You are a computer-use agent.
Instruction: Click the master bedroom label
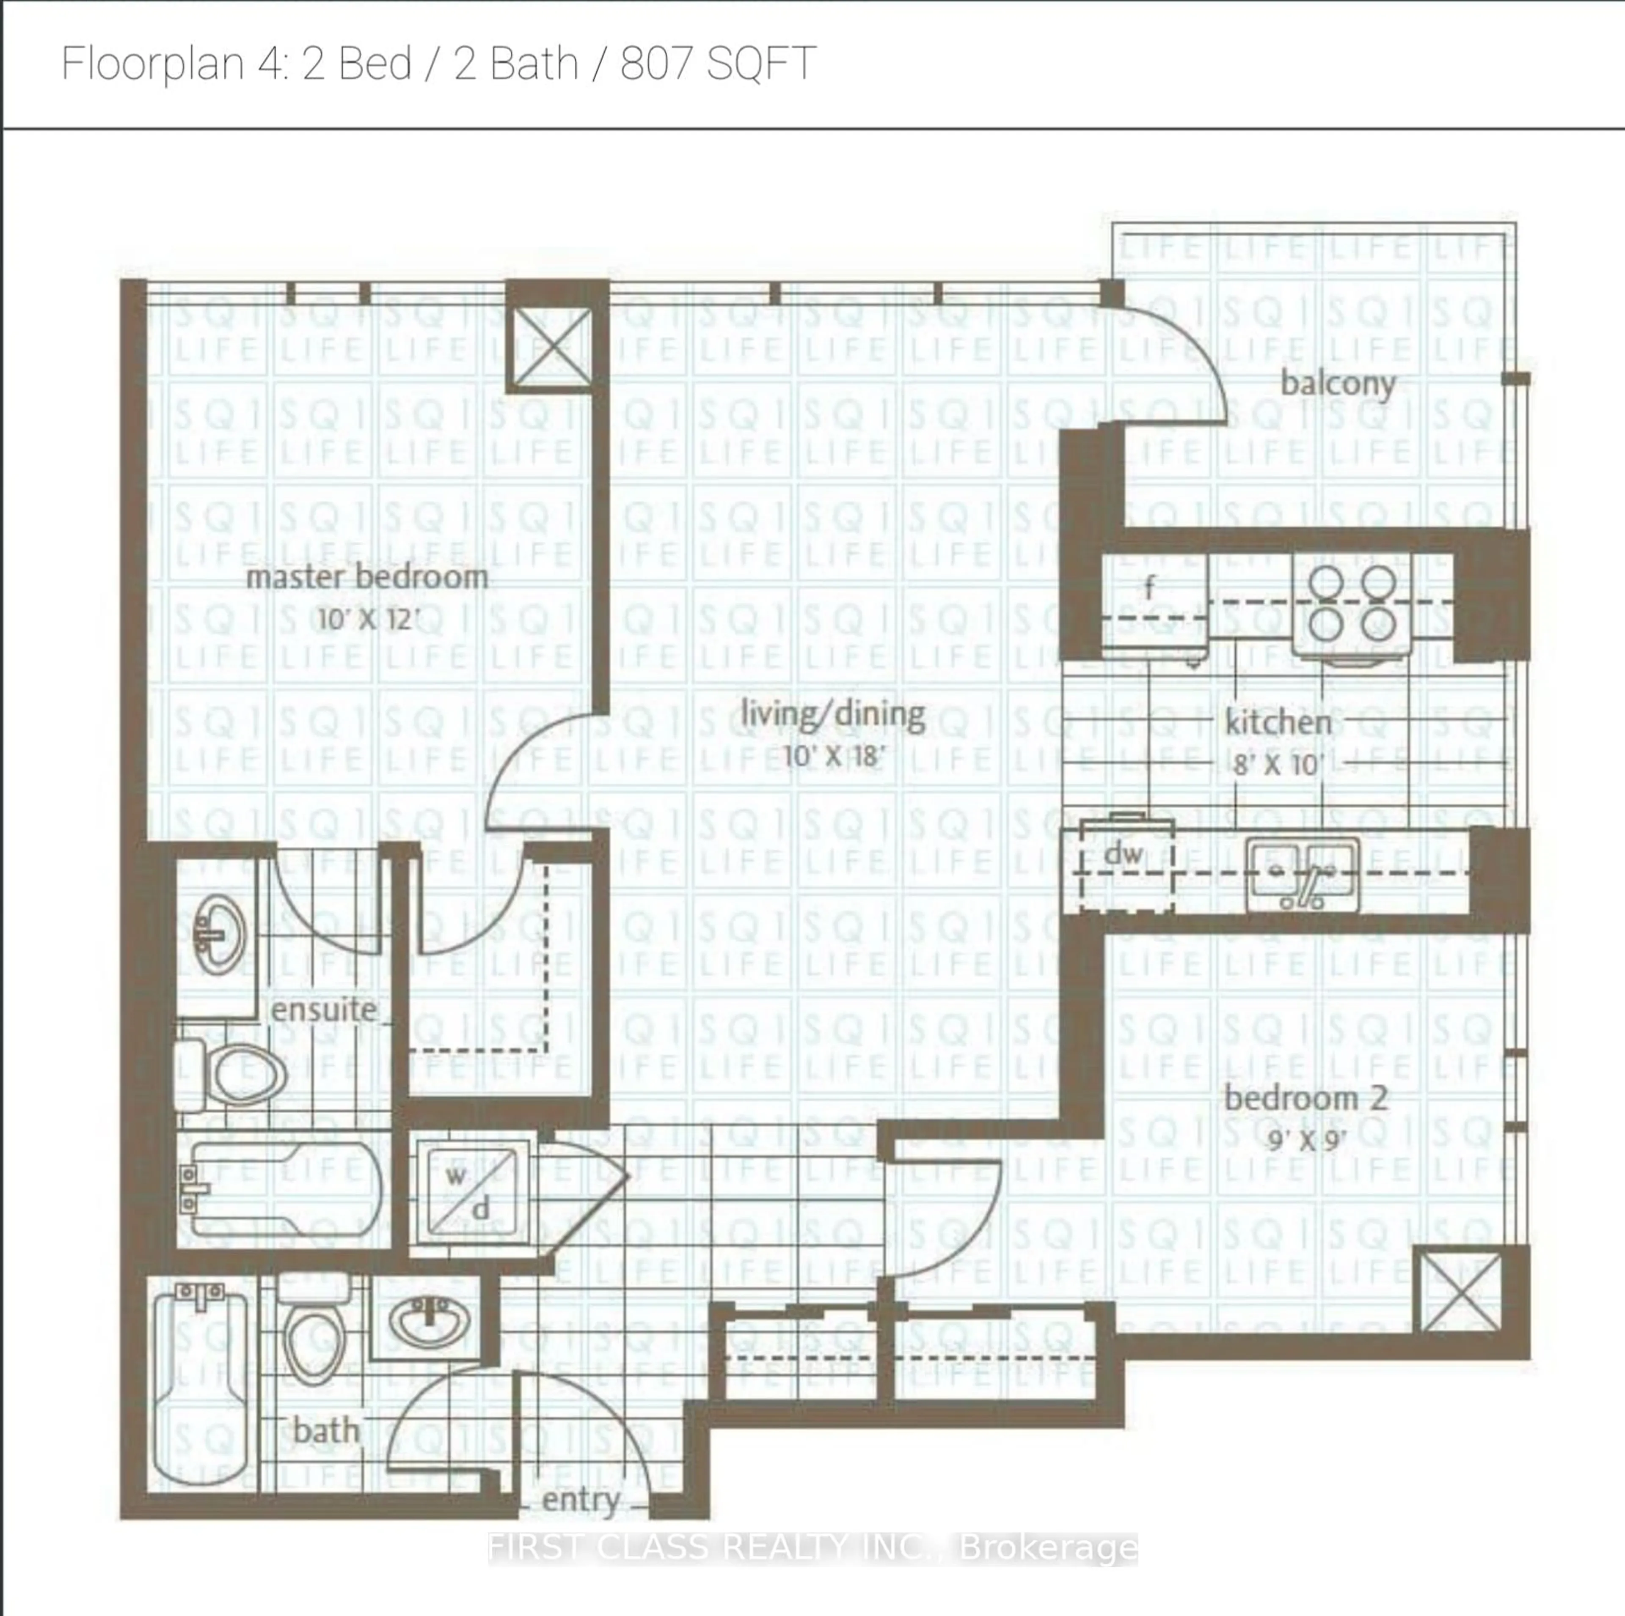pos(367,578)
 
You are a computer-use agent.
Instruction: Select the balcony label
pos(1337,384)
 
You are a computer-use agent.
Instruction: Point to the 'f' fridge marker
pos(1150,588)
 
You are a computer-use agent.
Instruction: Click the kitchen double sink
pos(1301,875)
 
